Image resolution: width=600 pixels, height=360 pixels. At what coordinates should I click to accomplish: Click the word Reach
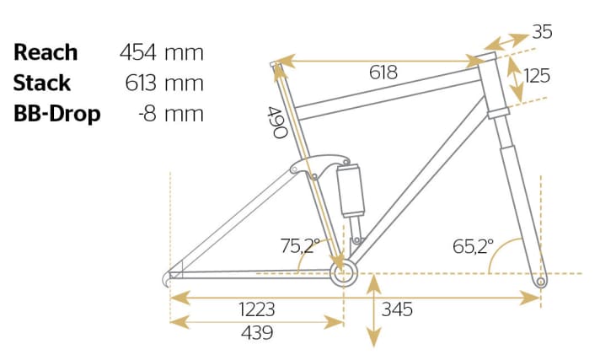pos(46,52)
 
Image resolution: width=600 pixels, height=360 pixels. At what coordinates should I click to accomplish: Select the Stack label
pos(42,83)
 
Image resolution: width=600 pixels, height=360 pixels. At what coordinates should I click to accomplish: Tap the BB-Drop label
pos(57,114)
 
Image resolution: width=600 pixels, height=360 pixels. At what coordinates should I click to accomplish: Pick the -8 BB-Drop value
pos(147,114)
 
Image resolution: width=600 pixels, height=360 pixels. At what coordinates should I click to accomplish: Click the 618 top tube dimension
pos(383,73)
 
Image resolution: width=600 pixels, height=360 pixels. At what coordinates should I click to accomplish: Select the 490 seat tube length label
pos(277,122)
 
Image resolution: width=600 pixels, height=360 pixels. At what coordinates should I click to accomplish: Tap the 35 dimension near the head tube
pos(542,32)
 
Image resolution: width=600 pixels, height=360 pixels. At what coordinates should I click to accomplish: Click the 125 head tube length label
pos(537,75)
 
